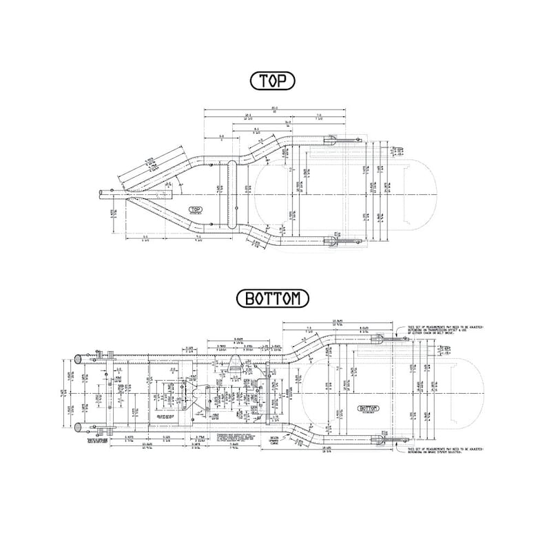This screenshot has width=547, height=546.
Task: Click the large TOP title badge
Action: [x=273, y=81]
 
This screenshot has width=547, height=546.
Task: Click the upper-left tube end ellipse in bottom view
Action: [x=80, y=359]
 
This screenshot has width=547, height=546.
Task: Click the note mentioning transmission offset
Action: [x=444, y=333]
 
